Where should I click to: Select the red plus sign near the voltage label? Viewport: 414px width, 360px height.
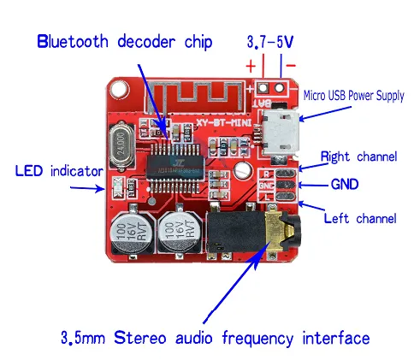pyautogui.click(x=251, y=64)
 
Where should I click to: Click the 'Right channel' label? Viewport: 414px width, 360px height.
pyautogui.click(x=358, y=156)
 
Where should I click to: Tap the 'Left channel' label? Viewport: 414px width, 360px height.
pyautogui.click(x=360, y=218)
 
